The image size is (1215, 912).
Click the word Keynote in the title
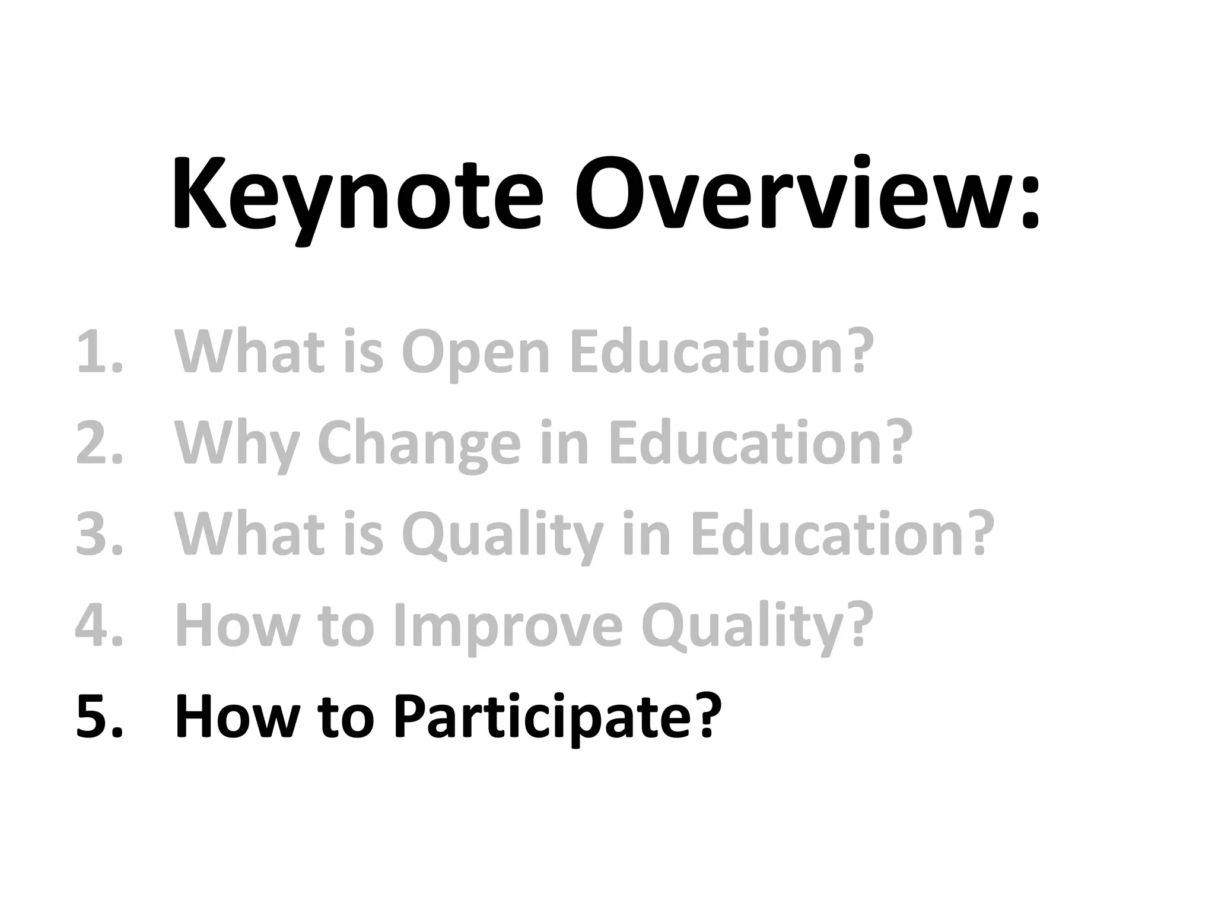coord(357,196)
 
